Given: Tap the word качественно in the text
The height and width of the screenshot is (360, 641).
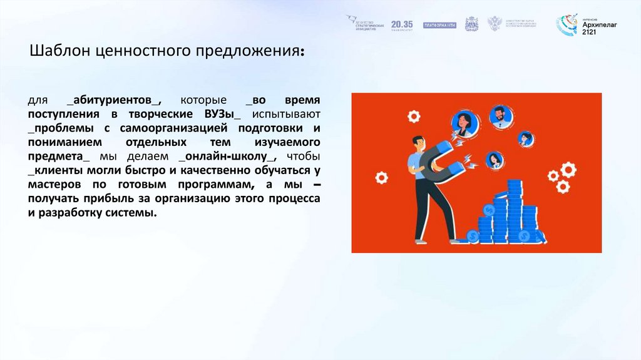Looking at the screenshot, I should click(x=222, y=170).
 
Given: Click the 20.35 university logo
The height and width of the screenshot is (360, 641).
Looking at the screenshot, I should click(x=402, y=24).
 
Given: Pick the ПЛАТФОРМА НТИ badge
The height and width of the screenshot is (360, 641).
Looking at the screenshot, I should click(x=440, y=25).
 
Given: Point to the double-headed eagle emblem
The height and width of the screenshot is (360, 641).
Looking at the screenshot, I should click(x=495, y=24).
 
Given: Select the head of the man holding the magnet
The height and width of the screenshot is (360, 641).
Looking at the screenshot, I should click(x=417, y=143).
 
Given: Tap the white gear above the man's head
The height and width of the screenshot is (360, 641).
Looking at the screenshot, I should click(x=413, y=116).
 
